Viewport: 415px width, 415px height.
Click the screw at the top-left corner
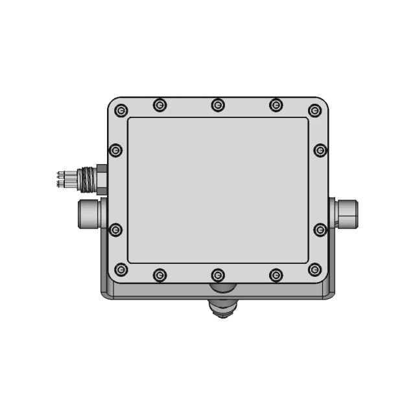point(121,110)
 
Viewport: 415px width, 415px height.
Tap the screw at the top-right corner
point(314,110)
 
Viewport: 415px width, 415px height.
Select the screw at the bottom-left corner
point(121,269)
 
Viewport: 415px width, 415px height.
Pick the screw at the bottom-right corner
point(314,269)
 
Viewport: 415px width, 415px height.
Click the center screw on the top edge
point(218,104)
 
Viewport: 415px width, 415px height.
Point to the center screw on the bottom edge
point(218,275)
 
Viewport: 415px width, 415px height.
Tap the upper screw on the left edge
point(116,150)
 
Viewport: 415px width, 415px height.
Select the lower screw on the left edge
point(116,230)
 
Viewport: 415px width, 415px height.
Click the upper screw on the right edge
point(320,150)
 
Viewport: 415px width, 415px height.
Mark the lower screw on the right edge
point(320,230)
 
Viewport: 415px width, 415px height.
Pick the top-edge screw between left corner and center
point(160,104)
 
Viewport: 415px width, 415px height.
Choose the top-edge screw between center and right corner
point(276,104)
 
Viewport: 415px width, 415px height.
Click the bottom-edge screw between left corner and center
point(160,275)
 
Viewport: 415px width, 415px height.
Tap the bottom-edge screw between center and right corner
point(276,275)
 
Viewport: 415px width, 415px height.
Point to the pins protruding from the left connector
point(64,179)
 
